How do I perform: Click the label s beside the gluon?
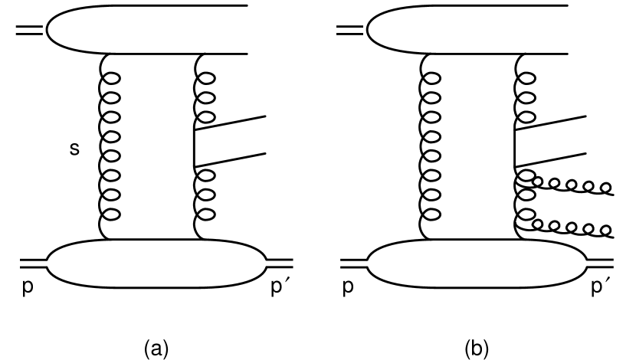[x=74, y=149]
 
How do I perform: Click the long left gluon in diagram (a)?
[x=109, y=146]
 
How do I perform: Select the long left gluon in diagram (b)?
[x=431, y=146]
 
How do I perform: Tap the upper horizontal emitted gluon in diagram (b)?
[x=571, y=184]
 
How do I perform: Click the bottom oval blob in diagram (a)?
[x=157, y=263]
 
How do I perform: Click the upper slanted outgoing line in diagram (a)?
[x=230, y=123]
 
